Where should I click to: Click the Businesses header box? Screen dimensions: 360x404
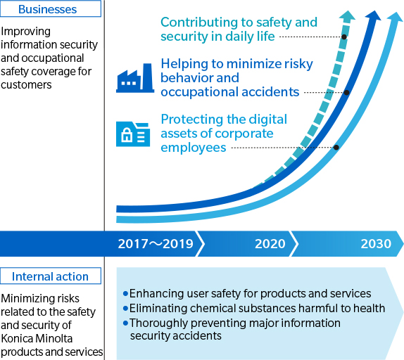pyautogui.click(x=50, y=10)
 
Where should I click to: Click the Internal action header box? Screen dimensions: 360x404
pyautogui.click(x=50, y=276)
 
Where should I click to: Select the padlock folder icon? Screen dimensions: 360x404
pyautogui.click(x=132, y=134)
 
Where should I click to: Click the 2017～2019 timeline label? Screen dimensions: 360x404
pyautogui.click(x=156, y=244)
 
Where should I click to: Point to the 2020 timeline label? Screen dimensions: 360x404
pyautogui.click(x=270, y=244)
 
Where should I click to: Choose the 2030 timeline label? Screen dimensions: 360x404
pyautogui.click(x=375, y=244)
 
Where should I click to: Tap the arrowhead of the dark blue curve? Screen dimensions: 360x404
pyautogui.click(x=373, y=17)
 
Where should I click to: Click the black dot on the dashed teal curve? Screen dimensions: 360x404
pyautogui.click(x=343, y=37)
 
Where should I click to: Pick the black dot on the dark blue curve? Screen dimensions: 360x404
pyautogui.click(x=346, y=92)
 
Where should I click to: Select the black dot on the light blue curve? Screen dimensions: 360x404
pyautogui.click(x=336, y=148)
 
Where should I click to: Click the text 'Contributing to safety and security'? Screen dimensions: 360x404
pyautogui.click(x=239, y=30)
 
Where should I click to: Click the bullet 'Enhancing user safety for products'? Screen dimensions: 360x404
pyautogui.click(x=250, y=293)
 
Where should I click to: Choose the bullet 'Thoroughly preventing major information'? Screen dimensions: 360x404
pyautogui.click(x=234, y=323)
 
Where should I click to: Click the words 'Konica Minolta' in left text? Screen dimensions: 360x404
pyautogui.click(x=37, y=337)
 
